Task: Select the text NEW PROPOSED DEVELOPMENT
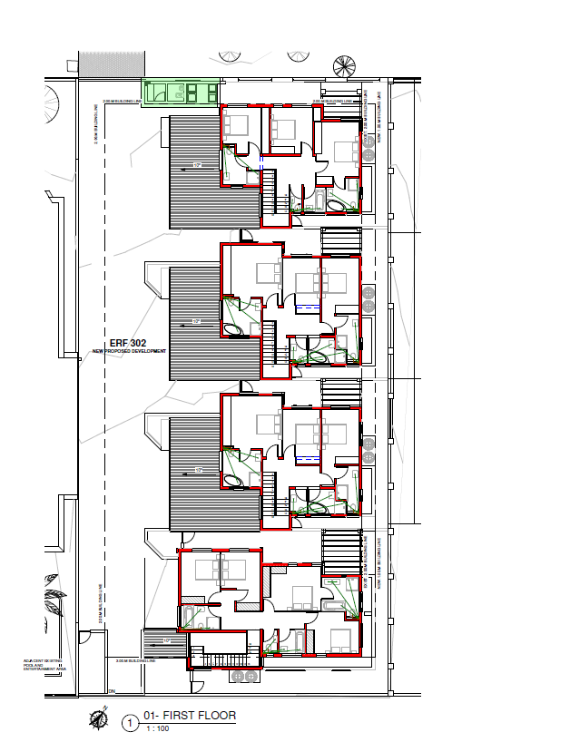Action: (129, 351)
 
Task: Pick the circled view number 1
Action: (131, 722)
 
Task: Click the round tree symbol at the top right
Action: (345, 66)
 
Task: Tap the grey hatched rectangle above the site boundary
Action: (112, 64)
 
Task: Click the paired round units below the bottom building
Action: (245, 677)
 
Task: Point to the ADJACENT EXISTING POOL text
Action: (38, 666)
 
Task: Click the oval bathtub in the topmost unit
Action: (337, 207)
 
